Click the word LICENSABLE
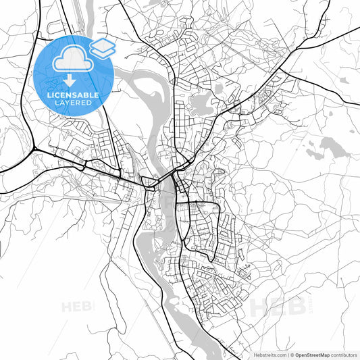click(x=73, y=95)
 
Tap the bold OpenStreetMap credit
click(x=311, y=353)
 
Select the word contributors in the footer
click(x=344, y=353)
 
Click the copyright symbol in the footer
click(x=291, y=353)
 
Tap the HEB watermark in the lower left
click(x=77, y=307)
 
